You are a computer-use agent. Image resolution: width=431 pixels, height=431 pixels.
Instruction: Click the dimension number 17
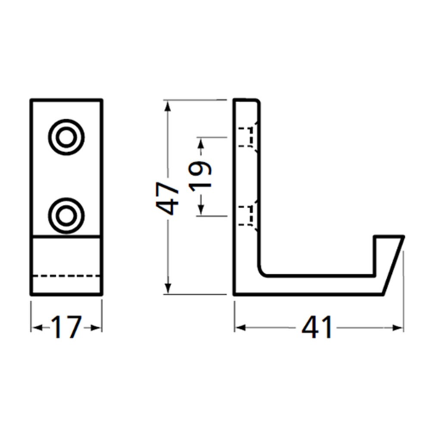click(66, 328)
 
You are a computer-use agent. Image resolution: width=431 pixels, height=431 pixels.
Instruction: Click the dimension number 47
click(168, 197)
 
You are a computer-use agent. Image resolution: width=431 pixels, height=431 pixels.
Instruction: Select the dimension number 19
click(203, 175)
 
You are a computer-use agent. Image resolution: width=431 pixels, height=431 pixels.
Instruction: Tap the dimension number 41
click(318, 328)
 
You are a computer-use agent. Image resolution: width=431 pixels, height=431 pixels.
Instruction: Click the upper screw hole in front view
click(67, 136)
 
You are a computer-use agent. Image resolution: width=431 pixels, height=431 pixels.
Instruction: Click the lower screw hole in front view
click(67, 214)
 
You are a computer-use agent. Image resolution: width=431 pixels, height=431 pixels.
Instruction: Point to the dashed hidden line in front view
click(66, 276)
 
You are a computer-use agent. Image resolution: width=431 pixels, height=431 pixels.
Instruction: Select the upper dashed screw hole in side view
click(248, 136)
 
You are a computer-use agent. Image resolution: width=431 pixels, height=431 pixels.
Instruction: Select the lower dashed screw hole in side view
click(248, 214)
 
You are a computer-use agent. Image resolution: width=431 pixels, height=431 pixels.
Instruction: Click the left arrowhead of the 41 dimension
click(240, 328)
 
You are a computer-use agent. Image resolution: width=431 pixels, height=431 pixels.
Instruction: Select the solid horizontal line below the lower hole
click(66, 237)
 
